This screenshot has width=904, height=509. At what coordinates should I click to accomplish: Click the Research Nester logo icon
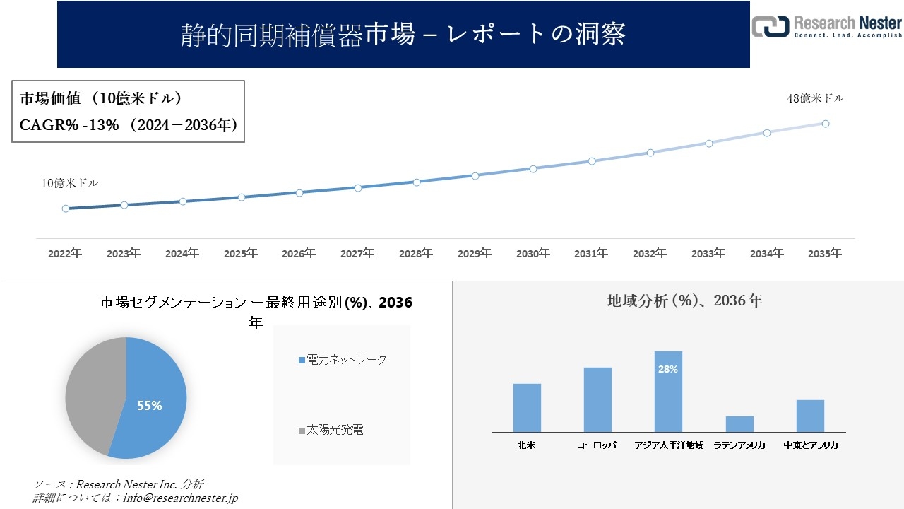click(x=770, y=26)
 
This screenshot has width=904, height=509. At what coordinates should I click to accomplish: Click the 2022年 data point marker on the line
click(x=66, y=209)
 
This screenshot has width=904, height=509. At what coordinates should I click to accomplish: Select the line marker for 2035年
click(x=825, y=124)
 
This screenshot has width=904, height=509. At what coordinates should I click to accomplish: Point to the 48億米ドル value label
click(x=815, y=99)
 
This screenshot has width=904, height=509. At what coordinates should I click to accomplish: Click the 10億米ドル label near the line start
click(x=69, y=183)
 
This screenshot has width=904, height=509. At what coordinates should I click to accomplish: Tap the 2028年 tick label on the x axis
click(x=415, y=253)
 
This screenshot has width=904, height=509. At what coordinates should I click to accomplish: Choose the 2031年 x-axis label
click(x=590, y=253)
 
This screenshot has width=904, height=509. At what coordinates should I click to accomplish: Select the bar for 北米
click(x=527, y=407)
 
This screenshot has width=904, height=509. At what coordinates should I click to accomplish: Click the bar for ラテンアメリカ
click(x=739, y=424)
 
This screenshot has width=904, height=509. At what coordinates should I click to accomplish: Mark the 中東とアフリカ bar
click(x=810, y=416)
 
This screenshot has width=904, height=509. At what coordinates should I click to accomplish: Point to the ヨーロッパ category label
click(x=597, y=445)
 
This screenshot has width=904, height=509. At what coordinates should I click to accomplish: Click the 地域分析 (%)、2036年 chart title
click(x=684, y=300)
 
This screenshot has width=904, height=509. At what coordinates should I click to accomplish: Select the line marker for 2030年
click(x=533, y=169)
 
